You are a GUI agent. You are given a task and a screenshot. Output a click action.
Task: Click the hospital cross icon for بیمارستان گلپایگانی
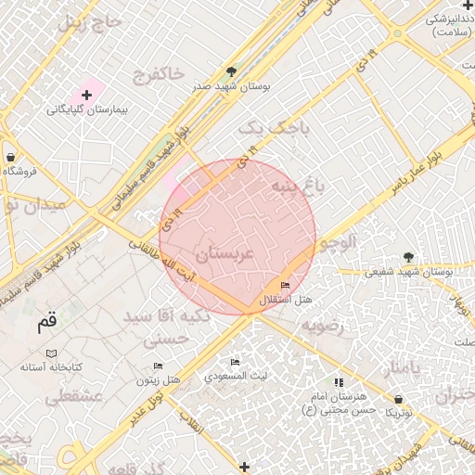(87, 95)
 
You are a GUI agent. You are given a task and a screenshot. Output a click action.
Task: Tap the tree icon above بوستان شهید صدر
(231, 71)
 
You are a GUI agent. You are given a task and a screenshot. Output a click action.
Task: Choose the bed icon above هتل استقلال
(284, 285)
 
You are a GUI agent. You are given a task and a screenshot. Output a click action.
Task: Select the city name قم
(46, 322)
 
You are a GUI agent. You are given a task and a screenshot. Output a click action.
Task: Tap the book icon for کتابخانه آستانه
(51, 353)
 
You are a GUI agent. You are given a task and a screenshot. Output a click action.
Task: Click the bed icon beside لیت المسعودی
(235, 362)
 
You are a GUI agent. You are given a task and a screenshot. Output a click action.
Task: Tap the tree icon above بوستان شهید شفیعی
(408, 257)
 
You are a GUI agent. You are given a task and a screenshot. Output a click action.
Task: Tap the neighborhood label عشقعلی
(67, 397)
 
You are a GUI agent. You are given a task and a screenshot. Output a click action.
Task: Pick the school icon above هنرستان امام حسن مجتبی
(337, 381)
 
